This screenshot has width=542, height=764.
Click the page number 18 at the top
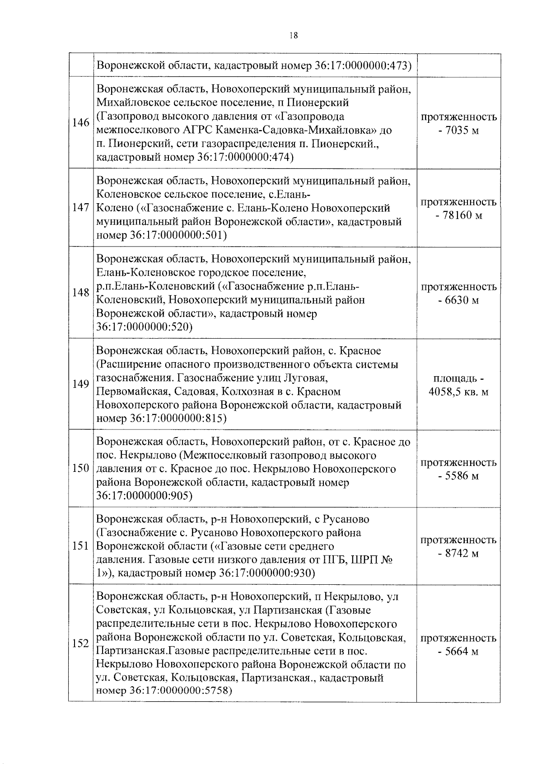point(293,36)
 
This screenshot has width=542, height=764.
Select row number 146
point(80,123)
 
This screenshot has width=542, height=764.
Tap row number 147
point(80,208)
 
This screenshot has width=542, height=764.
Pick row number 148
point(80,293)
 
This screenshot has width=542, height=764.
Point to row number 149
point(80,384)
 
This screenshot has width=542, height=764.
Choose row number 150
point(80,468)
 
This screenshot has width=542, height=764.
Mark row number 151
point(80,546)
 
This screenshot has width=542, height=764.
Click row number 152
point(80,643)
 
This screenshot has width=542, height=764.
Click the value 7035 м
point(461,131)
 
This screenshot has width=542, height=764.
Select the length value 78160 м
point(462,215)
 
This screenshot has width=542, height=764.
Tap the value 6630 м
point(461,300)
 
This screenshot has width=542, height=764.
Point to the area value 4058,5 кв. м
point(458,392)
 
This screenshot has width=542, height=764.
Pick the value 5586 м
point(461,476)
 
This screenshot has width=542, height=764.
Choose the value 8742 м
point(461,554)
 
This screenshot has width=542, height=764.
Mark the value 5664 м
point(461,651)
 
